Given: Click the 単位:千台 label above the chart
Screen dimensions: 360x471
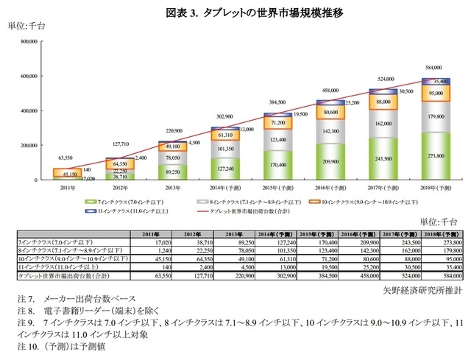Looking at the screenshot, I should (26, 26).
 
